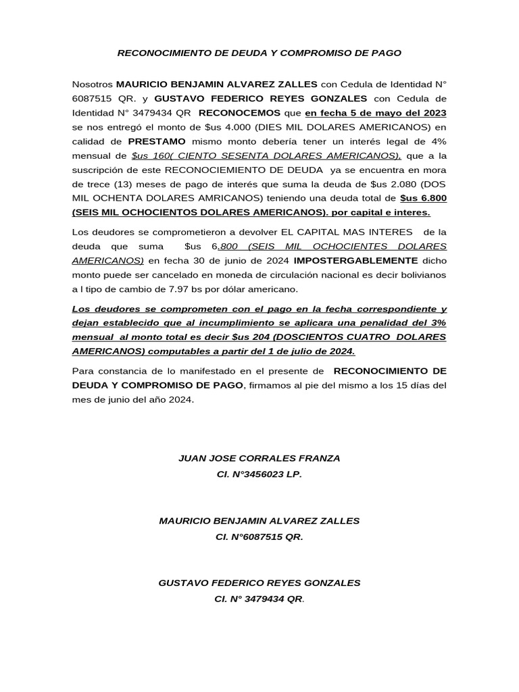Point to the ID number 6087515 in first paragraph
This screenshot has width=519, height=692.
90,97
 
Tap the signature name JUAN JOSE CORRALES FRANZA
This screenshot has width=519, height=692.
259,458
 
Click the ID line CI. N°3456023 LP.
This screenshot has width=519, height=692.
259,474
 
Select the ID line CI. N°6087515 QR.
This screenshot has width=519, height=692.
259,537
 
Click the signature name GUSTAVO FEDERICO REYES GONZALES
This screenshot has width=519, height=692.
259,583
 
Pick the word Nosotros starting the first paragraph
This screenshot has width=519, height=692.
92,84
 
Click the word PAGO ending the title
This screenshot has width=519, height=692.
387,52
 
